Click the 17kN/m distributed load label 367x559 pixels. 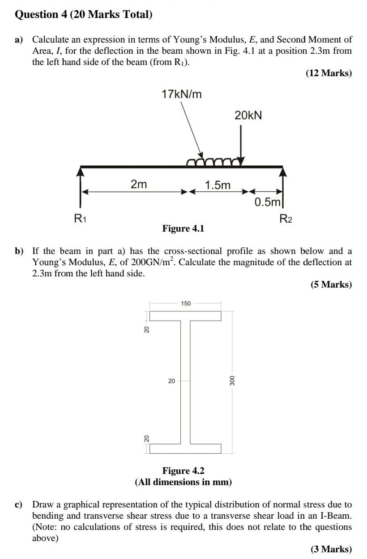pyautogui.click(x=182, y=95)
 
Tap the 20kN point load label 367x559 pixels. pyautogui.click(x=248, y=116)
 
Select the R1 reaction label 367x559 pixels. pyautogui.click(x=80, y=219)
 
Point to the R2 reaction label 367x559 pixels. pyautogui.click(x=286, y=219)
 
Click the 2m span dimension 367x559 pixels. pyautogui.click(x=139, y=185)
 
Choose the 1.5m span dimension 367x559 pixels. pyautogui.click(x=218, y=185)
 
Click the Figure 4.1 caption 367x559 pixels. pyautogui.click(x=183, y=228)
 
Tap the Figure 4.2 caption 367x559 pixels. pyautogui.click(x=183, y=471)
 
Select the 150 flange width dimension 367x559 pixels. pyautogui.click(x=186, y=303)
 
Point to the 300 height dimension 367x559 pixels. pyautogui.click(x=232, y=380)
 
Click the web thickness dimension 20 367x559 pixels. pyautogui.click(x=171, y=381)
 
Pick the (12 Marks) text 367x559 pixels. pyautogui.click(x=329, y=73)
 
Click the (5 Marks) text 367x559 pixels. pyautogui.click(x=331, y=284)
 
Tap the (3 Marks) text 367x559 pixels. pyautogui.click(x=331, y=549)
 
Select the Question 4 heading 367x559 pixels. pyautogui.click(x=84, y=14)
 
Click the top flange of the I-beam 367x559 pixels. pyautogui.click(x=185, y=316)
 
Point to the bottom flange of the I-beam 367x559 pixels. pyautogui.click(x=185, y=448)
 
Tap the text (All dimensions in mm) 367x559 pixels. pyautogui.click(x=183, y=482)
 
